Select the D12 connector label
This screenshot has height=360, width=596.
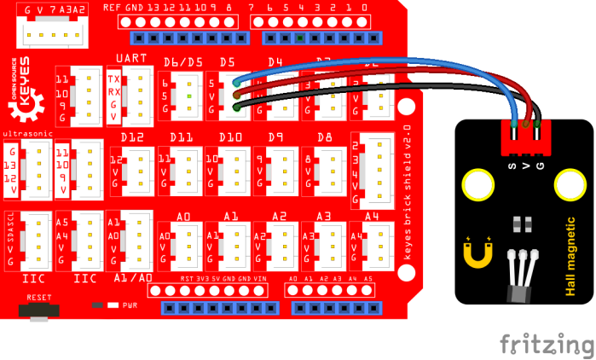130,137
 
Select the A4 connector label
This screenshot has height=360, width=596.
372,217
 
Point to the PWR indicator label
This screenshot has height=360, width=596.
130,304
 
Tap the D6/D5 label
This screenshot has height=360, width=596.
182,62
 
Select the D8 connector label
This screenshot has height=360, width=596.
324,137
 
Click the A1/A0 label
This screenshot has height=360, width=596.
132,278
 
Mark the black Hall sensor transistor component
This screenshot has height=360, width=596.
518,290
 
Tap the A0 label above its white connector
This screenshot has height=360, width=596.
182,218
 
